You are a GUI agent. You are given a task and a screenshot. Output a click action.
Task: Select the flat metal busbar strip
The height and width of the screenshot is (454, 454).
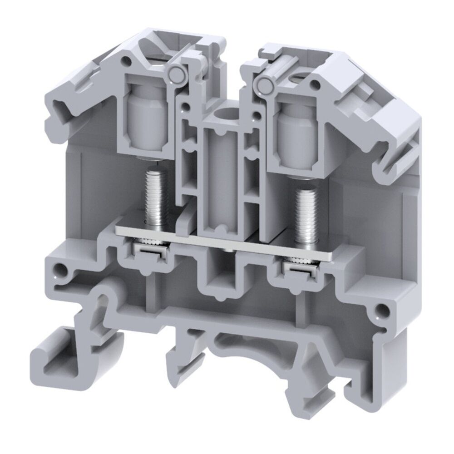click(227, 243)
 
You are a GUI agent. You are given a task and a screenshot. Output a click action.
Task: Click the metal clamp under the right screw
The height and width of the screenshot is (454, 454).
click(299, 270)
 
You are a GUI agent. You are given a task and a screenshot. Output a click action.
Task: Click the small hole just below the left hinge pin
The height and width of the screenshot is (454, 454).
click(185, 108)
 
